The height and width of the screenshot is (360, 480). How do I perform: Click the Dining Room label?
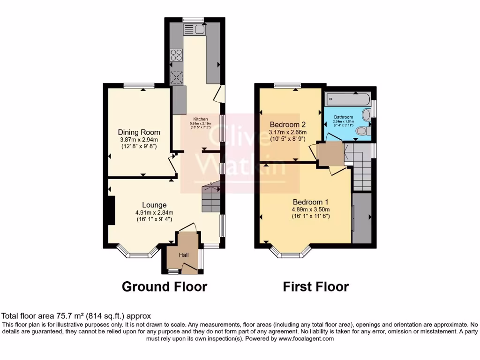coord(139,132)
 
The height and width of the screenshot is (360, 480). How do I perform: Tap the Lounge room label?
coord(155,205)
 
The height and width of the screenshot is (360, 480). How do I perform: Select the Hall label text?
coord(183,255)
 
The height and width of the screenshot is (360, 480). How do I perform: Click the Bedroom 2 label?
coord(287,125)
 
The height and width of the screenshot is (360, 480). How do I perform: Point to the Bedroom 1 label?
coord(311,201)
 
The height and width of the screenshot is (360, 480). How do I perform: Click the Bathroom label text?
coord(343,117)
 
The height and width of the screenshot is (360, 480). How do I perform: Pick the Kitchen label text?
coord(201,119)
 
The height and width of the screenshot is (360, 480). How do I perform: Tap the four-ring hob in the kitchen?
coord(176,55)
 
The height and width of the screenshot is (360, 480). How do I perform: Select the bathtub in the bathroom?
coord(347,99)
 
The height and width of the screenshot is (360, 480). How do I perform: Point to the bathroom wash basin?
coord(367,114)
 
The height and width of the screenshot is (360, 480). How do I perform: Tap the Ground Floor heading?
coord(164,286)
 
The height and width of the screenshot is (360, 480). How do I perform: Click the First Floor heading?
coord(315,286)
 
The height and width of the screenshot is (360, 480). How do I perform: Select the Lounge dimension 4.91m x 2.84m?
coord(154,212)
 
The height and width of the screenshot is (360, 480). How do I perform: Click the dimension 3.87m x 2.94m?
coord(138,140)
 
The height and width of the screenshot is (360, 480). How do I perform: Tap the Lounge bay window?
coord(138,255)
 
